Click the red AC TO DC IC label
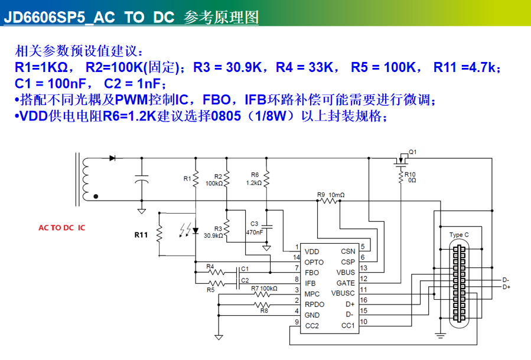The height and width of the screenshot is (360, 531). click(x=61, y=227)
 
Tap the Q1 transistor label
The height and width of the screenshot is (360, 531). click(x=412, y=152)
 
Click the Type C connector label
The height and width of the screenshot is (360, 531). click(x=459, y=235)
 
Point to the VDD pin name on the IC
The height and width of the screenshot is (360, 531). click(x=311, y=251)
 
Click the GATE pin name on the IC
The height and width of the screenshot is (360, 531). click(x=346, y=283)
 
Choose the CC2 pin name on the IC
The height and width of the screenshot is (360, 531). click(x=312, y=326)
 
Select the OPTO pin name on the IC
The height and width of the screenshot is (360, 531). click(x=314, y=262)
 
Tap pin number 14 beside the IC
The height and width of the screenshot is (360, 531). click(x=297, y=257)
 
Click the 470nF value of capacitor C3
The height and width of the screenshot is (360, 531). click(x=255, y=232)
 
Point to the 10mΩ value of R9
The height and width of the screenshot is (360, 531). click(x=337, y=195)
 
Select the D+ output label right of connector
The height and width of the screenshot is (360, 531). click(x=506, y=287)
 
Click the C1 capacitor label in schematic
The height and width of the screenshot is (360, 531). click(x=245, y=269)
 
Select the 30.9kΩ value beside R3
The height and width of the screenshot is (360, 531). click(x=213, y=235)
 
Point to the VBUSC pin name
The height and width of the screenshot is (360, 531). click(x=343, y=293)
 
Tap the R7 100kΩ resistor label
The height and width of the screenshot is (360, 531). click(x=264, y=289)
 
